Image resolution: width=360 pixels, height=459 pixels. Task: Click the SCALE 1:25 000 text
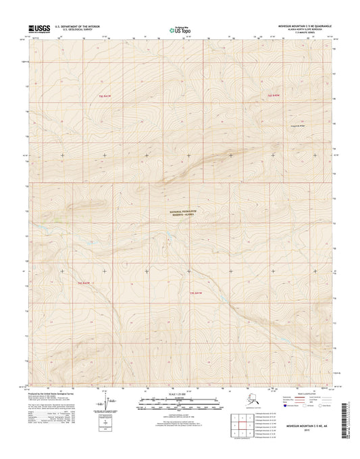pyautogui.click(x=179, y=393)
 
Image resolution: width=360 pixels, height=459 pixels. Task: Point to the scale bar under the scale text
pyautogui.click(x=179, y=402)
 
